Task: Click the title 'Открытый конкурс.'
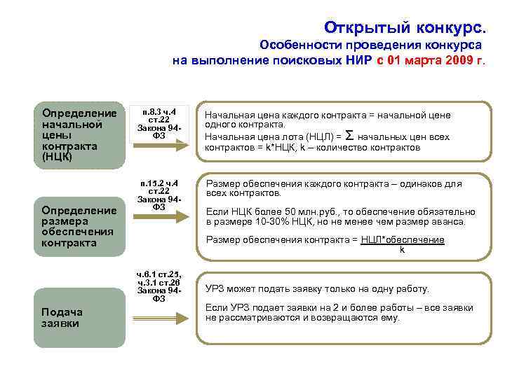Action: pos(404,27)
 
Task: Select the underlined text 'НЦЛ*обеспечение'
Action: pos(403,240)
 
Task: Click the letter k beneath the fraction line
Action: pos(402,249)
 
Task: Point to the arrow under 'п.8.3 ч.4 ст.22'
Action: pos(163,143)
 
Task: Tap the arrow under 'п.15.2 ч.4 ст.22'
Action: pos(163,216)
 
